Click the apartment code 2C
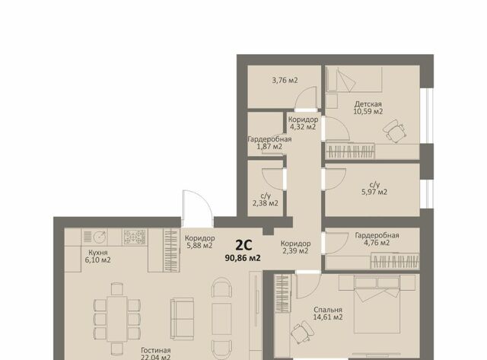[243, 245]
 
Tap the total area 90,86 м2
[243, 258]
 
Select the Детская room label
[368, 104]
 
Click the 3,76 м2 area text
[285, 80]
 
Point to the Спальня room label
[328, 310]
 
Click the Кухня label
[98, 253]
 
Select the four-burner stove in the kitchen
[135, 237]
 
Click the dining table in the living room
[116, 320]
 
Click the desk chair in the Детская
[395, 131]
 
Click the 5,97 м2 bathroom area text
[374, 192]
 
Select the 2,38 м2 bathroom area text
[266, 203]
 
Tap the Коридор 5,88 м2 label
[199, 242]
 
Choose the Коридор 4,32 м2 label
[303, 123]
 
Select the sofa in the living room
[182, 319]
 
